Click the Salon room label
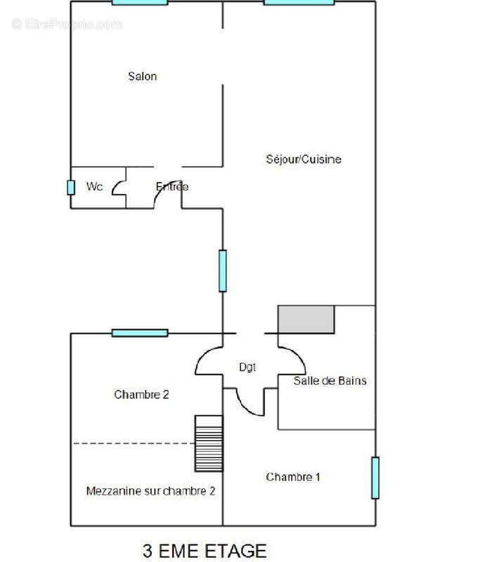142,76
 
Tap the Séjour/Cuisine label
304,159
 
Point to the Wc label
95,187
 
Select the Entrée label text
172,187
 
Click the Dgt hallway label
247,366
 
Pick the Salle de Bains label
330,381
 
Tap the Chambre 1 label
293,477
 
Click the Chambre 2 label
141,395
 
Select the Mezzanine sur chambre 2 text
150,490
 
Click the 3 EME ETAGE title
205,550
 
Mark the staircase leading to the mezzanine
208,443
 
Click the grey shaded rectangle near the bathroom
307,319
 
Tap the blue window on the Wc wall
71,188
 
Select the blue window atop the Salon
140,2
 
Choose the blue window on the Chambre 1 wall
375,478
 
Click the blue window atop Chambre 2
140,333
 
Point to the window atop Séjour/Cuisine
299,2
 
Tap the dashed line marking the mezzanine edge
134,443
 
